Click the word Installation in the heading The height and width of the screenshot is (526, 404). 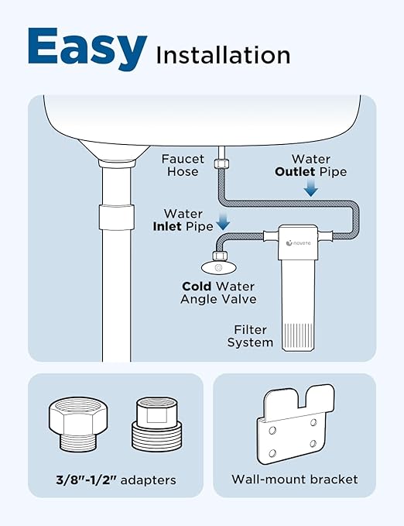[223, 55]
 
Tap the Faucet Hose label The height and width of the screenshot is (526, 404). [183, 165]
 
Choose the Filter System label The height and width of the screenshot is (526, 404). [250, 335]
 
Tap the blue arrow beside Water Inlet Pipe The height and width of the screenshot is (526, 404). [224, 221]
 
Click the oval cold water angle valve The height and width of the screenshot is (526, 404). [217, 267]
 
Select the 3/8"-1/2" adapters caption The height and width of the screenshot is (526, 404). [115, 480]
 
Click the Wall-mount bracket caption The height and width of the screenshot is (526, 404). [294, 480]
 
